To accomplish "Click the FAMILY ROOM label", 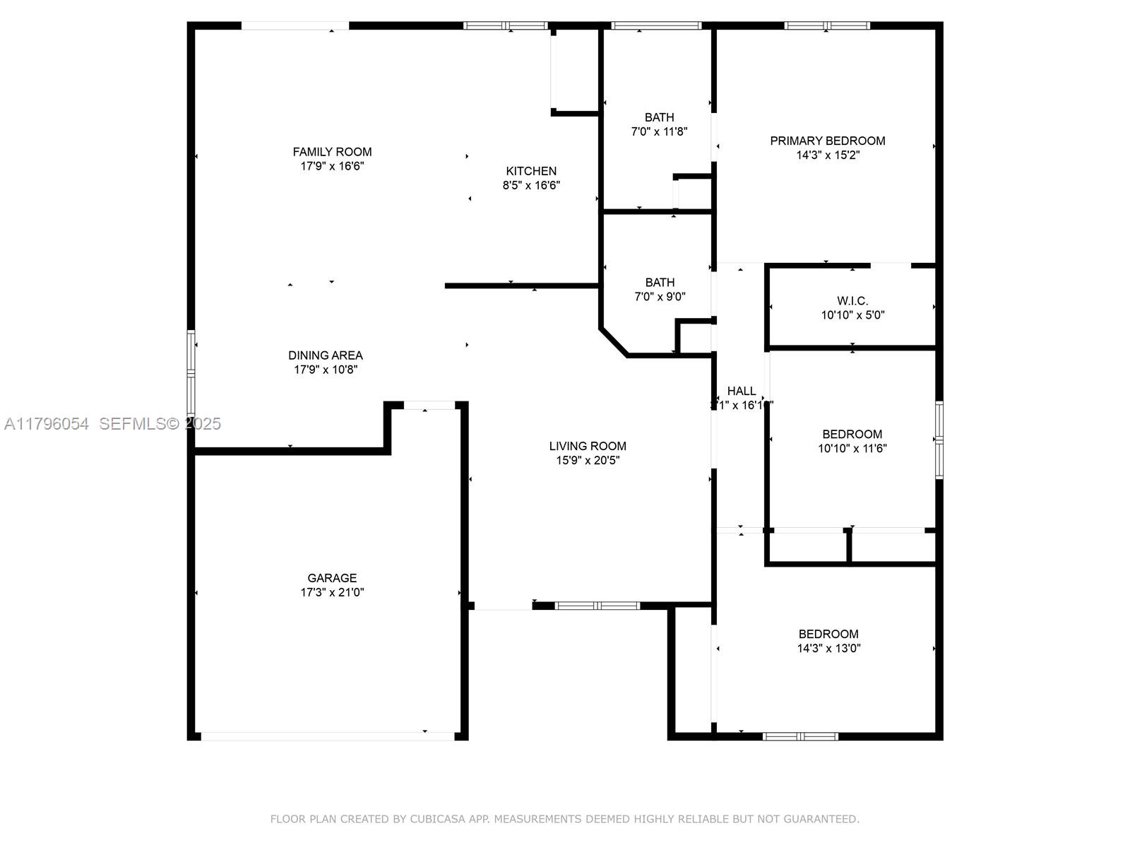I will point(332,152).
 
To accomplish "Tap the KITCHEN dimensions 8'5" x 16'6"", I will point(531,186).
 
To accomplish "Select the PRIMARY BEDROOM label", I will point(827,141).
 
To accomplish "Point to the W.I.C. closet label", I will point(852,301).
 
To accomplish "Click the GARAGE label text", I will point(332,578).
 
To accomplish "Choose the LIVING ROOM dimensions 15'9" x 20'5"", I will point(588,461).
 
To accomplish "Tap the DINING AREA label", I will point(326,355).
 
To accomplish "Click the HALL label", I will point(742,391).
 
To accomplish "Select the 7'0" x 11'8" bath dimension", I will point(659,131).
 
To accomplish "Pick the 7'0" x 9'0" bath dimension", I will point(660,297).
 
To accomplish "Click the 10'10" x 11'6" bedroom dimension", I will point(852,448).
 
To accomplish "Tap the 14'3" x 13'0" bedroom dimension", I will point(828,648).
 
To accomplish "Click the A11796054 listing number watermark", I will point(47,424).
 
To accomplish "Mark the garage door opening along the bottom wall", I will point(328,736).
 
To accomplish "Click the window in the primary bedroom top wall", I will point(826,26).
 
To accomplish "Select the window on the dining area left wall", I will point(191,372).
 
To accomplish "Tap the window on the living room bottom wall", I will point(597,606).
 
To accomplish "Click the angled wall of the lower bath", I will point(613,342).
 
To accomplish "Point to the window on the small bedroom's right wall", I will point(939,440).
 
